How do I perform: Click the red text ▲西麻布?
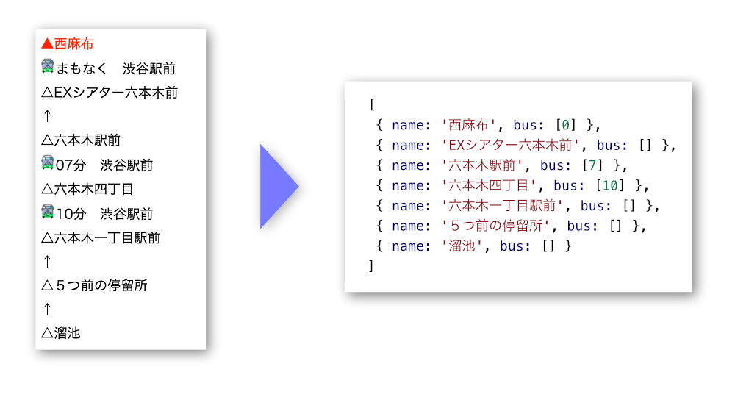pos(68,44)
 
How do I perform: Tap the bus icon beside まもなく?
pos(48,67)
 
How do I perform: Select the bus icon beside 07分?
pos(48,163)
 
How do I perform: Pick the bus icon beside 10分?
pos(48,212)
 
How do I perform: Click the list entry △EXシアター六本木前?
pos(110,93)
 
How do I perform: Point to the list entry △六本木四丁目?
pos(87,189)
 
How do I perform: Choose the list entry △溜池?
pos(61,333)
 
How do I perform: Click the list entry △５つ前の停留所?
pos(95,285)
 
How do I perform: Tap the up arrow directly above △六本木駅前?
pos(47,116)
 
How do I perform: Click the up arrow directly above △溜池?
pos(47,310)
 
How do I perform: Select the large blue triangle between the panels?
pos(279,186)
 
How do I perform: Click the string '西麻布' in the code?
pos(468,125)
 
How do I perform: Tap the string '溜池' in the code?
pos(462,246)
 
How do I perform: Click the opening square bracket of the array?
pos(372,104)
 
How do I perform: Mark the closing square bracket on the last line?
pos(372,266)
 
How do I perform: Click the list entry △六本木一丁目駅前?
pos(101,237)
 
